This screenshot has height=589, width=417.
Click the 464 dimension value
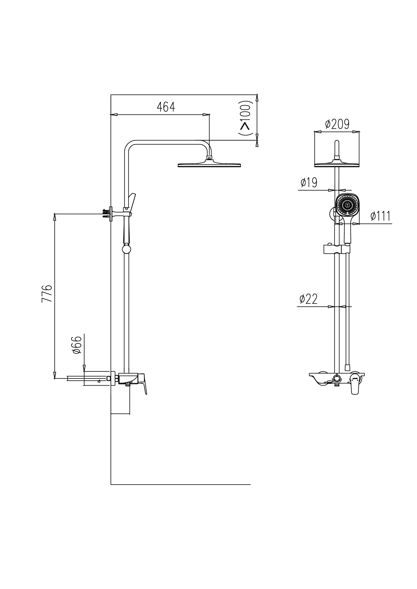tap(166, 107)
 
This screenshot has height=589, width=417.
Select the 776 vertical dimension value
tap(47, 293)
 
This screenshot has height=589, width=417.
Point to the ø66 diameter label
tap(77, 345)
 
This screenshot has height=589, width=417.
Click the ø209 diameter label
tap(337, 124)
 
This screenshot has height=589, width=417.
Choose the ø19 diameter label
tap(309, 183)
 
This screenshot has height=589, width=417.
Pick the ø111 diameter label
tap(380, 216)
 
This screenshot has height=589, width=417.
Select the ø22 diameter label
tap(308, 299)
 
